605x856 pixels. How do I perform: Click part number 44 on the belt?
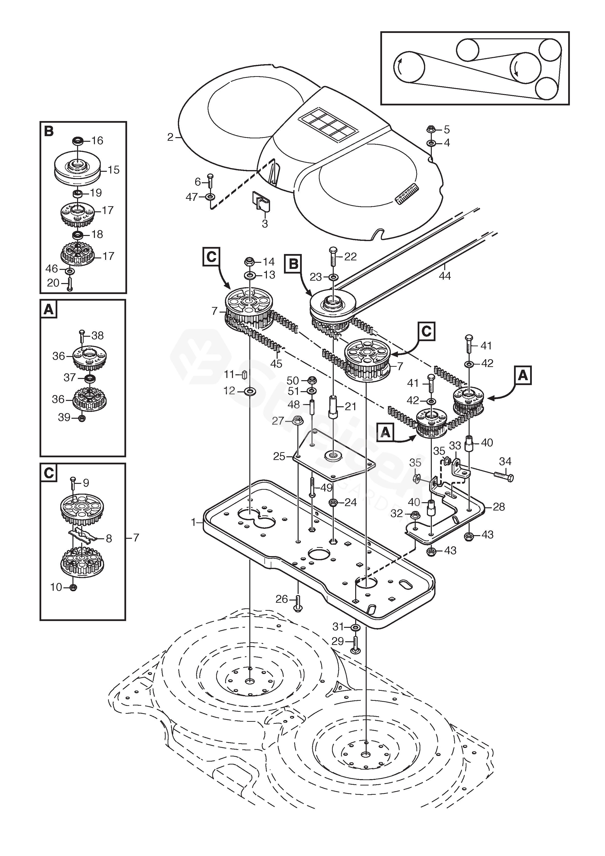pos(445,276)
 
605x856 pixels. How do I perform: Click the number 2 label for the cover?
pos(170,138)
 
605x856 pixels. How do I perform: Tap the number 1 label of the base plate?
pos(193,523)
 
